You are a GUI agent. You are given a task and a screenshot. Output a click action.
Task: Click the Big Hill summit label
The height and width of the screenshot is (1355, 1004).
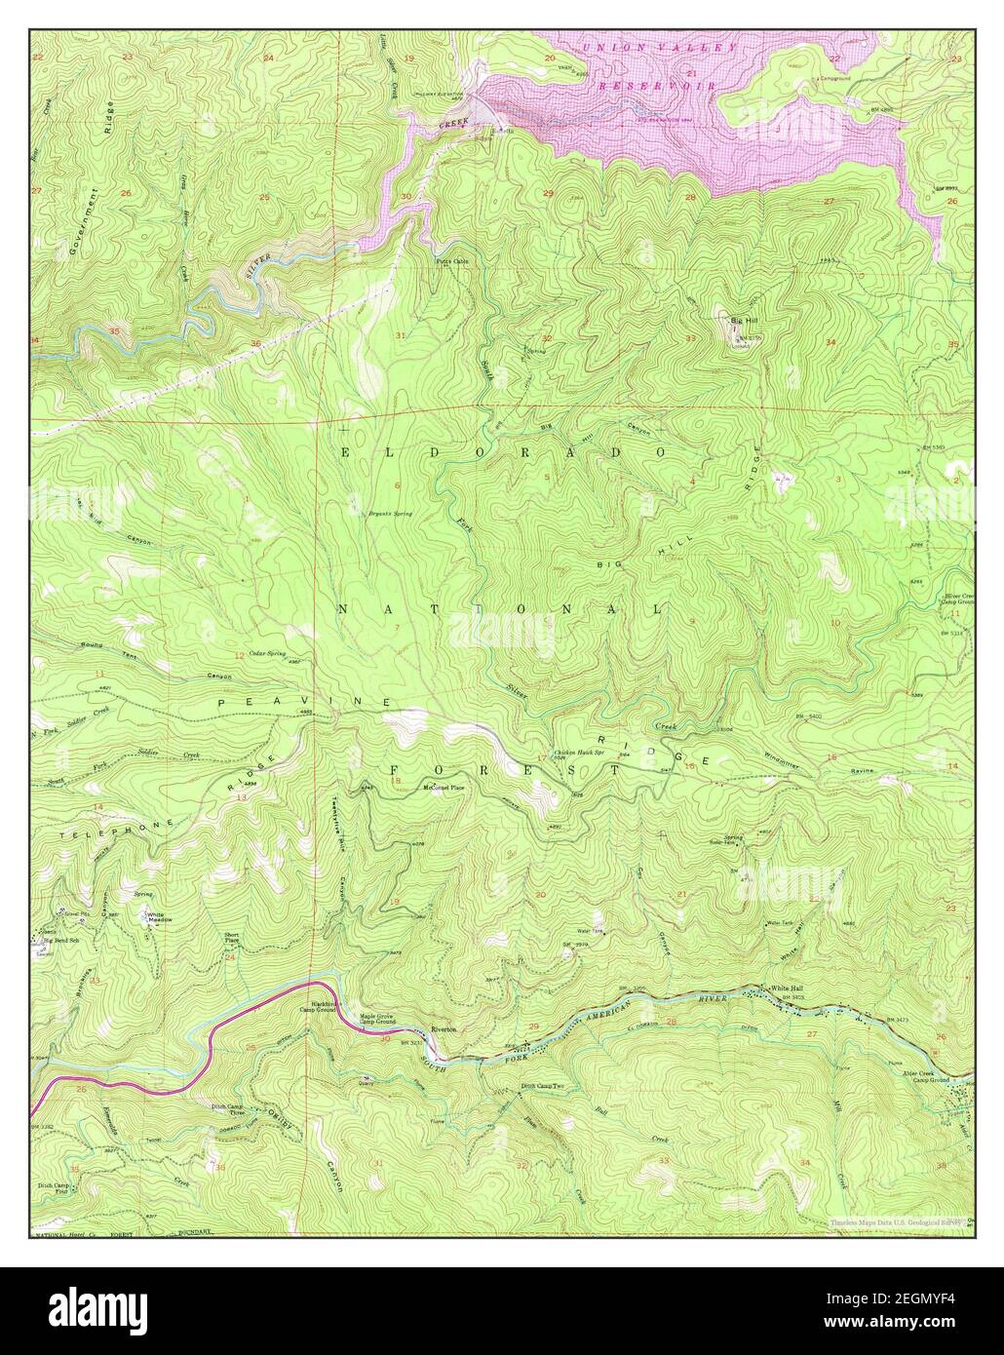[746, 318]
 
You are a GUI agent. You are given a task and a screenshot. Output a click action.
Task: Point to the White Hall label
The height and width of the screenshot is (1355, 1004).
[787, 987]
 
